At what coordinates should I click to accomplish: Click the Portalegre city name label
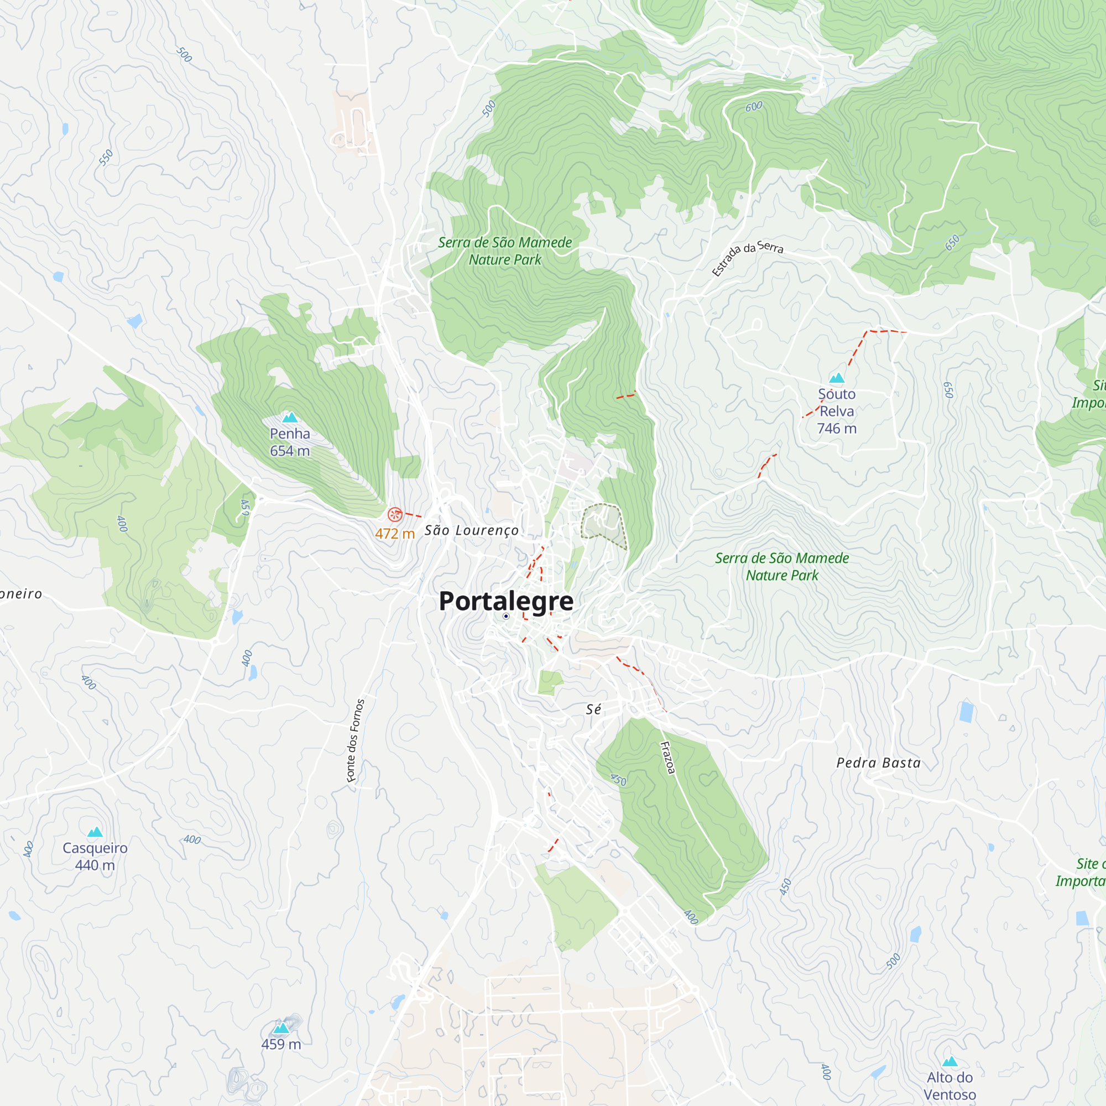(506, 601)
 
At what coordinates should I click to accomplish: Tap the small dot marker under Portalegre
(506, 617)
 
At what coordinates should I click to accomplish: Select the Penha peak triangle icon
(290, 418)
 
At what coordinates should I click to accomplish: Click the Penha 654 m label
(290, 442)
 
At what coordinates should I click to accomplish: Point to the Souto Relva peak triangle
(837, 378)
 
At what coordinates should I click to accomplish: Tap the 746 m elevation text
(836, 428)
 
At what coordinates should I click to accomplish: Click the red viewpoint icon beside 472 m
(395, 515)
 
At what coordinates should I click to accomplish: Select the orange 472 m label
(394, 534)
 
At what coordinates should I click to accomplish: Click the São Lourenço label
(472, 531)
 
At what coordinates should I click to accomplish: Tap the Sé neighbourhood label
(593, 710)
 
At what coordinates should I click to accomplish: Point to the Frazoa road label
(668, 758)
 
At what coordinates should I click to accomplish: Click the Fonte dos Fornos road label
(356, 741)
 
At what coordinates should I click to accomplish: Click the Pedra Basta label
(879, 763)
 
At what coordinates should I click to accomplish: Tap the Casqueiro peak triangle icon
(95, 832)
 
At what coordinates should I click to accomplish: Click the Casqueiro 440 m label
(95, 857)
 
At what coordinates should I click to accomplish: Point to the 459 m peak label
(281, 1044)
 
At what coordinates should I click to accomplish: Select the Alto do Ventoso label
(950, 1086)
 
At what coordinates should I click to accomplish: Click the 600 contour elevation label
(754, 107)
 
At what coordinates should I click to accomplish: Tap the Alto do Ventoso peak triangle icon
(950, 1062)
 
